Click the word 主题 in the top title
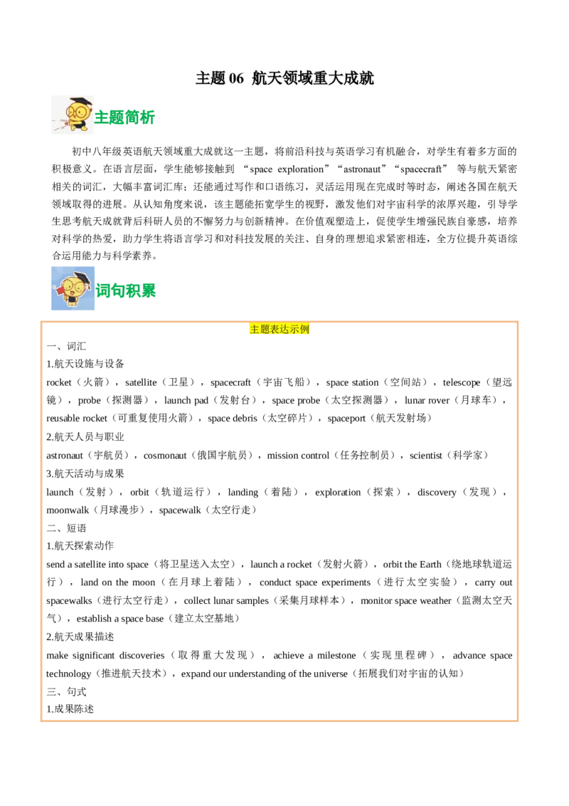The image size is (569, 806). (x=210, y=78)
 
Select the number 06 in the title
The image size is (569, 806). (x=236, y=78)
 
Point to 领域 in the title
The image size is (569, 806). (x=296, y=78)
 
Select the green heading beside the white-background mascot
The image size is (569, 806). (x=126, y=117)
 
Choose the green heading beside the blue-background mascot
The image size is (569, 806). (x=127, y=291)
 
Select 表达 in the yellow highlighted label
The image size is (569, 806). (x=280, y=329)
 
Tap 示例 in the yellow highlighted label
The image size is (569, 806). (x=300, y=329)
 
